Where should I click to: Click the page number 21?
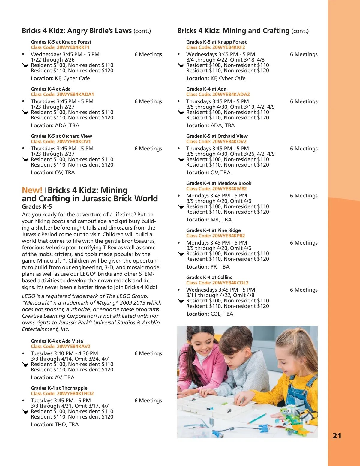[337, 436]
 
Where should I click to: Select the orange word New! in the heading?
[32, 190]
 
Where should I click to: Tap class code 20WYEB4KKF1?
[60, 47]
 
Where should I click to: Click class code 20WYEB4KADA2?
[218, 95]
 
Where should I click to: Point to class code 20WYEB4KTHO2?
[62, 394]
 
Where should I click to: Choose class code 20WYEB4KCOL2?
[217, 283]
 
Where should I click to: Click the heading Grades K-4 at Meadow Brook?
[219, 183]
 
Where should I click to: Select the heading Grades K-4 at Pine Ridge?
[213, 230]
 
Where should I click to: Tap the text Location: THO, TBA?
[55, 425]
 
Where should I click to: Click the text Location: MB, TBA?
[209, 220]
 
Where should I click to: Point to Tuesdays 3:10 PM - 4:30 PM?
[64, 353]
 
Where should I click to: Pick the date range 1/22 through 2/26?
[53, 60]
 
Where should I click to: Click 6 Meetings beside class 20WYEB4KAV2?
[148, 353]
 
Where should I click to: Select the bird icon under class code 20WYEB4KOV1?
[25, 160]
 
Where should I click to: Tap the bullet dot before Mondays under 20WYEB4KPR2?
[179, 243]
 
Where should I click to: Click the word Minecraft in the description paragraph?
[48, 261]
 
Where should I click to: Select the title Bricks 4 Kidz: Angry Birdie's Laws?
[77, 31]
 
